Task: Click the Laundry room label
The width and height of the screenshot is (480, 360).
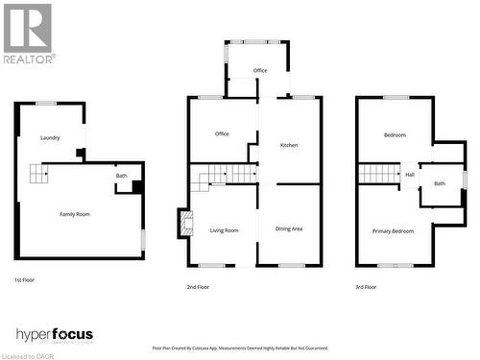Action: (x=50, y=138)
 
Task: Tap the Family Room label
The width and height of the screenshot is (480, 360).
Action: (x=75, y=214)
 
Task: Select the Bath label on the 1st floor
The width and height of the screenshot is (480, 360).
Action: (x=122, y=176)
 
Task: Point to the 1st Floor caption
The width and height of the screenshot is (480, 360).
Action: (x=26, y=279)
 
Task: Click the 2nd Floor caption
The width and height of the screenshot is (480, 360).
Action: (x=199, y=287)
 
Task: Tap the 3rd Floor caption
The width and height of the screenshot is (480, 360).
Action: (x=367, y=287)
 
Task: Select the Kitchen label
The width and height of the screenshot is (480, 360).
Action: (x=289, y=146)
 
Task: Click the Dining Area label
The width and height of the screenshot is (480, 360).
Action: (x=289, y=228)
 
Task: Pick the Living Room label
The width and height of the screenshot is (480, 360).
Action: (x=225, y=229)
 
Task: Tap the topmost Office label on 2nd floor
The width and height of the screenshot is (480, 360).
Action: (x=260, y=71)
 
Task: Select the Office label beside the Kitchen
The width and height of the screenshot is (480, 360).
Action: (x=222, y=133)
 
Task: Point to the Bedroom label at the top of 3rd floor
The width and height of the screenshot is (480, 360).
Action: (x=395, y=135)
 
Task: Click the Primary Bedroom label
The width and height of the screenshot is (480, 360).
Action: (x=394, y=231)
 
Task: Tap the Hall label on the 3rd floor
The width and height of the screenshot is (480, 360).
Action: (x=410, y=175)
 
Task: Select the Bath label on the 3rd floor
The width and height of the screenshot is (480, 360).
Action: (x=440, y=182)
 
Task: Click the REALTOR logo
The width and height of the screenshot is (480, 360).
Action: (x=28, y=34)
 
